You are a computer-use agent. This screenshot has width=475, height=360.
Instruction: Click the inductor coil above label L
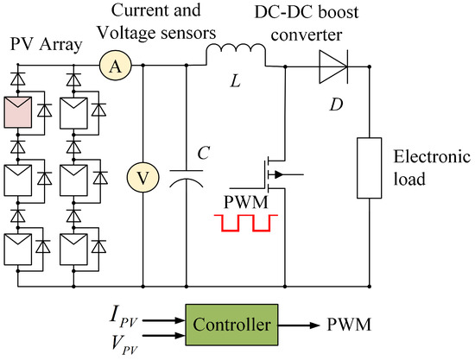[x=235, y=58]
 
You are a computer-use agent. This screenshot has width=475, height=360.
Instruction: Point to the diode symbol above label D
[x=333, y=65]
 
